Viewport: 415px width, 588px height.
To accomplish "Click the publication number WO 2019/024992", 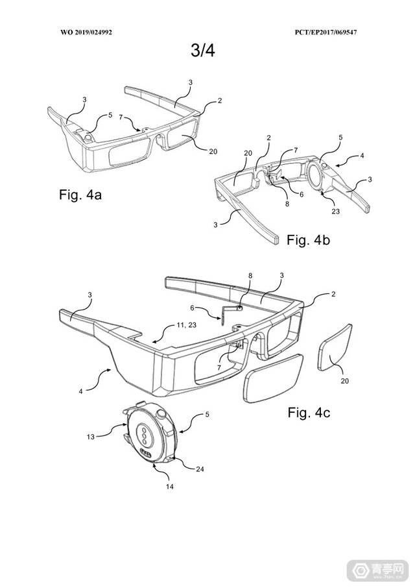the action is [x=86, y=32].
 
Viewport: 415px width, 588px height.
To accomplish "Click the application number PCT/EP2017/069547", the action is [x=326, y=32].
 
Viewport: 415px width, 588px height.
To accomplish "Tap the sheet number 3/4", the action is [x=202, y=51].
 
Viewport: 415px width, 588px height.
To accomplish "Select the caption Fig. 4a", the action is [x=80, y=195].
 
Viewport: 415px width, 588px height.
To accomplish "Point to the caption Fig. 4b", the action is [x=308, y=239].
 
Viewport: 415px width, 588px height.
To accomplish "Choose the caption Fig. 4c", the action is [x=309, y=413].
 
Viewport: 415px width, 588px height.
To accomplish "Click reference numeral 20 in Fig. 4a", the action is [x=213, y=151].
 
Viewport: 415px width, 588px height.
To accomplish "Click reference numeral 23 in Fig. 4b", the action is [x=336, y=212].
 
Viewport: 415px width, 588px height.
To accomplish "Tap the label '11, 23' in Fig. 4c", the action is [x=186, y=325].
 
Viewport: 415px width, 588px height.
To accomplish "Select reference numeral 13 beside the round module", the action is [x=91, y=437].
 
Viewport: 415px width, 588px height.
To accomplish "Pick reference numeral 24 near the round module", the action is [x=200, y=469].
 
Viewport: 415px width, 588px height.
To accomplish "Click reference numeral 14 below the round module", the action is [x=170, y=487].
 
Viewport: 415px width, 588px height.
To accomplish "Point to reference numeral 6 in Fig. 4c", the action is [x=193, y=308].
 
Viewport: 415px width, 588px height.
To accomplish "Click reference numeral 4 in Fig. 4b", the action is [x=362, y=155].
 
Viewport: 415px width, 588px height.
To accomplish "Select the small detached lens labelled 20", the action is [x=335, y=347].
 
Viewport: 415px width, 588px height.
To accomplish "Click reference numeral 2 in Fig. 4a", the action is [x=220, y=101].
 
